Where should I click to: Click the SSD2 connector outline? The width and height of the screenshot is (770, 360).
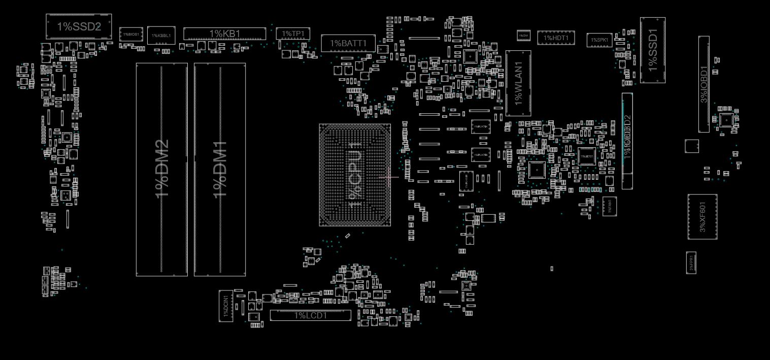[79, 27]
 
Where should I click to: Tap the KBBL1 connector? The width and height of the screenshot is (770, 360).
[161, 35]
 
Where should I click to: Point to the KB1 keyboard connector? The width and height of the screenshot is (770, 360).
[224, 34]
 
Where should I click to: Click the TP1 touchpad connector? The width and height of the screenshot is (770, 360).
[292, 34]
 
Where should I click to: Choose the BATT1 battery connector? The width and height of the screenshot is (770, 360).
[348, 43]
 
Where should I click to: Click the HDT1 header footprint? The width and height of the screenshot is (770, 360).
[556, 38]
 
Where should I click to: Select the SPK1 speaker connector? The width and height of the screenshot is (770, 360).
[599, 40]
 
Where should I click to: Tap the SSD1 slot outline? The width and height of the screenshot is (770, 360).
[652, 50]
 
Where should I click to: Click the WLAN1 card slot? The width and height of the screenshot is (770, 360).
[518, 83]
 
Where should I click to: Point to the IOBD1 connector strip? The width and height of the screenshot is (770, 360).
[704, 84]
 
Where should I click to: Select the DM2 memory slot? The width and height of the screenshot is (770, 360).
[161, 170]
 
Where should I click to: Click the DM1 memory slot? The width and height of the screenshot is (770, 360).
[220, 170]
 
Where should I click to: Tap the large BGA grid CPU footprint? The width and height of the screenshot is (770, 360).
[354, 174]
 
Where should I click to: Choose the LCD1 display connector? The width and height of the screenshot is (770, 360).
[310, 315]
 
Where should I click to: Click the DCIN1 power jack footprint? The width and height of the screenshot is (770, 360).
[226, 306]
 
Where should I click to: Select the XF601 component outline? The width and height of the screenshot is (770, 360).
[702, 217]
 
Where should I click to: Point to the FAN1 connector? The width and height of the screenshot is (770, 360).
[609, 206]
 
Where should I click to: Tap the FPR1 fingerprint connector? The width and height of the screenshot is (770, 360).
[691, 262]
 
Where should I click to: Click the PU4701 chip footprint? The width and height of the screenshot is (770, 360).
[480, 126]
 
